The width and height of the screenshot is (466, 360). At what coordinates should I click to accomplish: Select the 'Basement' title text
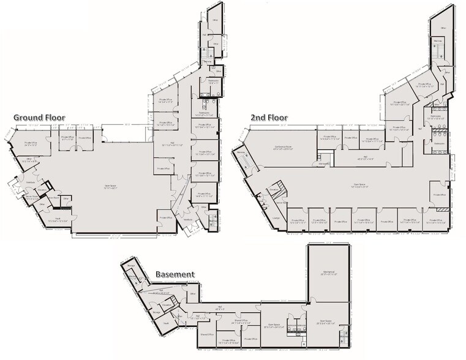[x=175, y=275]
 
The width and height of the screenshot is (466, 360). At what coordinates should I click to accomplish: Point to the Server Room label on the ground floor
[x=31, y=198]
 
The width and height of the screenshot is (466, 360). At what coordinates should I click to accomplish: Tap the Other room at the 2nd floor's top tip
[x=439, y=27]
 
